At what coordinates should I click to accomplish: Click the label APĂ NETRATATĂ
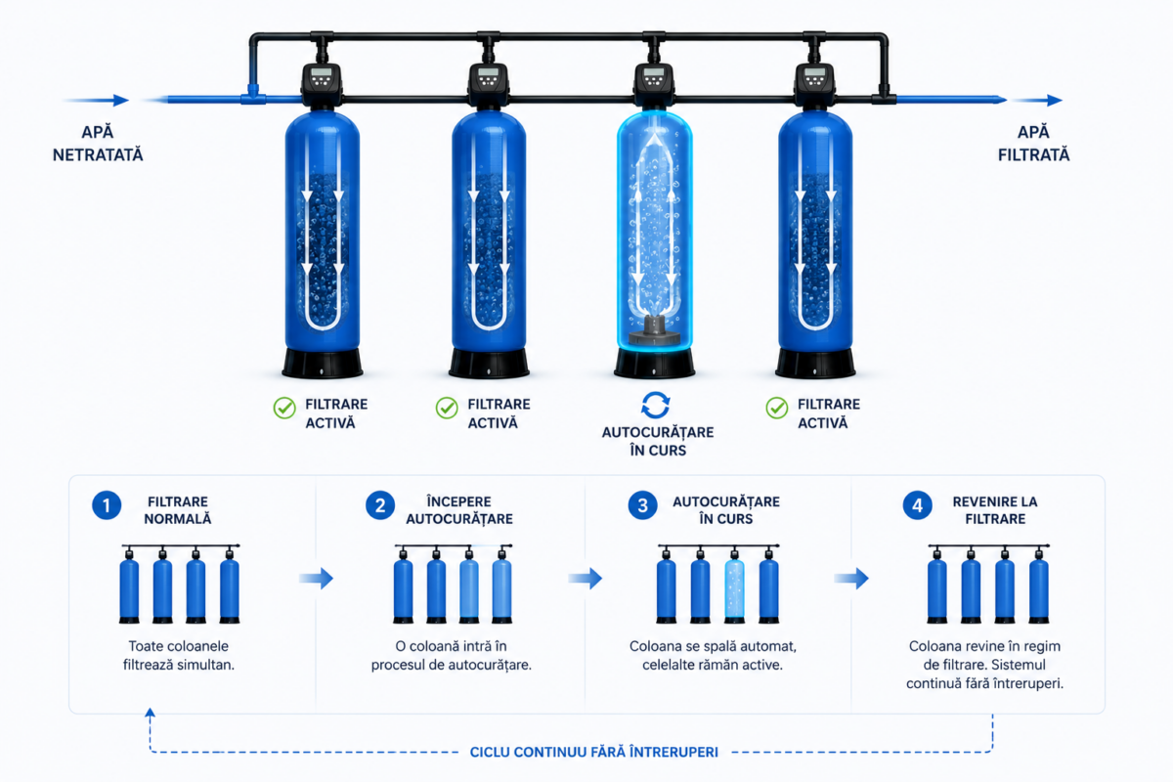click(x=98, y=144)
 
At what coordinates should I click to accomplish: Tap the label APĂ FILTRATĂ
click(x=1034, y=144)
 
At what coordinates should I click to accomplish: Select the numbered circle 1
click(x=107, y=505)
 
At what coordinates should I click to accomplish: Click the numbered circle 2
click(x=380, y=505)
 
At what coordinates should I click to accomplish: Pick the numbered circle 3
click(x=642, y=505)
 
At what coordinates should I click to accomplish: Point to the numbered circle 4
click(x=918, y=505)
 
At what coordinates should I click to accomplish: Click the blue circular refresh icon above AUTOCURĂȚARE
click(x=656, y=406)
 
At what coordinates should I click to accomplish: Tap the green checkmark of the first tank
click(x=284, y=408)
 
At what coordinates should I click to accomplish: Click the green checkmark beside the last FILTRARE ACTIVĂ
click(x=776, y=408)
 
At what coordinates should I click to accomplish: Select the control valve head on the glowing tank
click(x=654, y=84)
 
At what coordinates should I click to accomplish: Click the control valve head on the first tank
click(x=322, y=84)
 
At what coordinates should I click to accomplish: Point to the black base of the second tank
click(x=489, y=363)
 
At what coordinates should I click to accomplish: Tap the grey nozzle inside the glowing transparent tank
click(x=655, y=330)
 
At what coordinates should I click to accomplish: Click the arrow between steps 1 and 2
click(x=317, y=579)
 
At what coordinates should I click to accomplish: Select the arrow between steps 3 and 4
click(x=851, y=579)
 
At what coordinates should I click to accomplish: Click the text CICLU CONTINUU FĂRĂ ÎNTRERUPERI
click(x=594, y=752)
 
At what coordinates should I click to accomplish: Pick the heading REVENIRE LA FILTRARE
click(x=995, y=510)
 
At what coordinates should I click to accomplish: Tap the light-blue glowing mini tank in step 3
click(x=734, y=586)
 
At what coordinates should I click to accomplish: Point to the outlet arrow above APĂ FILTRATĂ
click(x=1038, y=100)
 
